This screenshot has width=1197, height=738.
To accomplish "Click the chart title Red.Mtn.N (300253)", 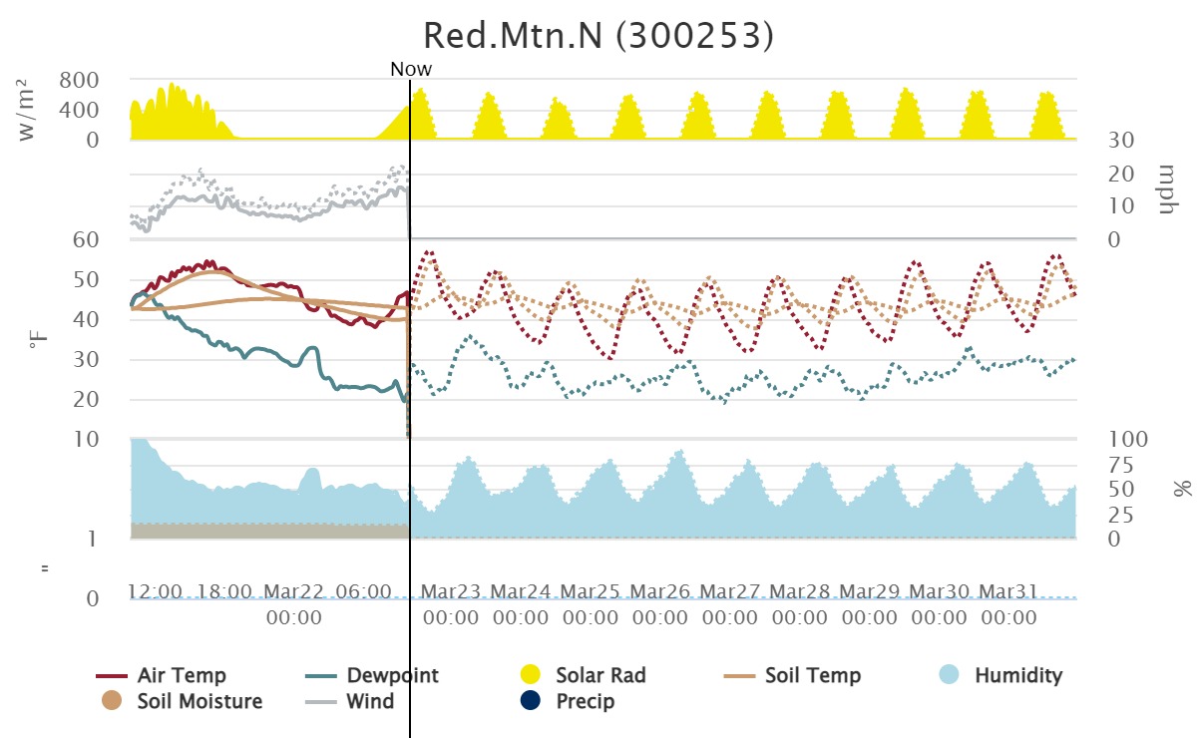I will (x=598, y=35).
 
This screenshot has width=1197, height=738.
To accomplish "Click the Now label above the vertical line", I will (x=411, y=69).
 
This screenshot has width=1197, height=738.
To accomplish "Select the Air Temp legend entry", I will (x=182, y=676).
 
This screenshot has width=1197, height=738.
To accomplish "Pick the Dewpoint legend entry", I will (x=392, y=676).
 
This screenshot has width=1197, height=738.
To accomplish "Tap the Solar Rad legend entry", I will (x=600, y=676).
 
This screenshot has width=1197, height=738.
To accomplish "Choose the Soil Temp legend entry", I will (x=812, y=676).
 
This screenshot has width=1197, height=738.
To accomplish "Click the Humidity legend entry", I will (x=1018, y=676).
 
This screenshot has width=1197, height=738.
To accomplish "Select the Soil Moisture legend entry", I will (x=199, y=701).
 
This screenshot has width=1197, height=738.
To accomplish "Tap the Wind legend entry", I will (x=370, y=701).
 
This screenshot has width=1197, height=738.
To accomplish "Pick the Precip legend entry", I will (x=585, y=701).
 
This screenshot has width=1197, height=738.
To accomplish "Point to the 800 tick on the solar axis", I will (x=79, y=80).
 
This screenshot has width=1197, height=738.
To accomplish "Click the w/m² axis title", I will (x=28, y=114).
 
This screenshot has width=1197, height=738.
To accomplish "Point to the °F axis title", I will (x=37, y=342).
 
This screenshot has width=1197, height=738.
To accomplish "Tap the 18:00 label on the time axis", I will (x=224, y=591).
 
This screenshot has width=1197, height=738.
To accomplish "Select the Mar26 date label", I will (x=660, y=591).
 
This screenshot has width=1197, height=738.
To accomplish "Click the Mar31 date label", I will (x=1009, y=591).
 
